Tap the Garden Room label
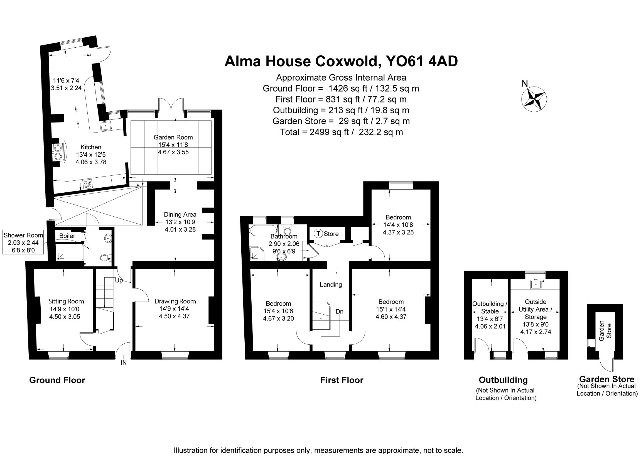click(173, 137)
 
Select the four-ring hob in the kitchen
click(88, 184)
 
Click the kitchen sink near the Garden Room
click(106, 125)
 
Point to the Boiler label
click(67, 236)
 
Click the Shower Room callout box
click(23, 242)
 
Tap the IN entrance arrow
click(124, 356)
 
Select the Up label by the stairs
click(119, 281)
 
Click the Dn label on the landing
click(340, 312)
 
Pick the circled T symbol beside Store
click(318, 234)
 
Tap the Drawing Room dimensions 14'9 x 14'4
click(175, 309)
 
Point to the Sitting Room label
click(66, 301)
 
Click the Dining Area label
click(180, 215)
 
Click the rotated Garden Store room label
click(605, 331)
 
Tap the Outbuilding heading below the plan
click(503, 380)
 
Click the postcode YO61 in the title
click(405, 61)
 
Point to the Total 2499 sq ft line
click(341, 132)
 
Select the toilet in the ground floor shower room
click(105, 257)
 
